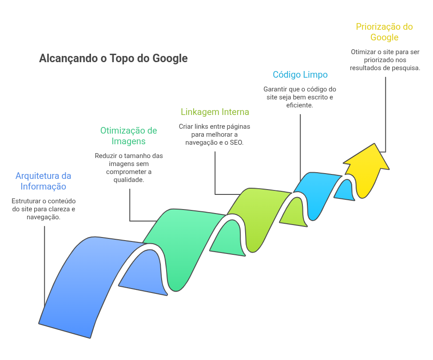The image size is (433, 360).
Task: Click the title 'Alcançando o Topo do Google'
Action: (x=113, y=59)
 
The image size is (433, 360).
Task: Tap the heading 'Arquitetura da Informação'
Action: (x=44, y=181)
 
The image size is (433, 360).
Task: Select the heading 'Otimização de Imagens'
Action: (x=128, y=136)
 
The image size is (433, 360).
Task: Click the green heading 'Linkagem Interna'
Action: (x=215, y=112)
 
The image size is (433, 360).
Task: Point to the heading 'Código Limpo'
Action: (x=300, y=75)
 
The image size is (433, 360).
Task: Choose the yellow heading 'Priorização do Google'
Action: (x=384, y=32)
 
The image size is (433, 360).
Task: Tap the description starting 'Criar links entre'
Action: (x=215, y=135)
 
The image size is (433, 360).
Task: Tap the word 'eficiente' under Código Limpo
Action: (x=300, y=105)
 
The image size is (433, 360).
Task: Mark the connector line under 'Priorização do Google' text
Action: (x=385, y=115)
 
